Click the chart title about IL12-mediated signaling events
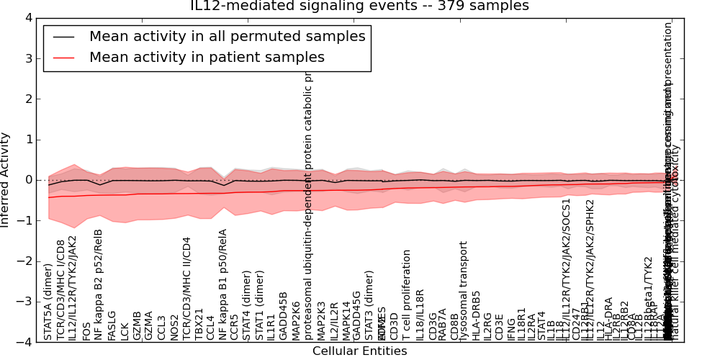point(359,6)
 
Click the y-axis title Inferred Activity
point(6,180)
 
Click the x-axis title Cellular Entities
point(359,351)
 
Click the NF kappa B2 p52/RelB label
point(99,284)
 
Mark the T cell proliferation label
point(408,295)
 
